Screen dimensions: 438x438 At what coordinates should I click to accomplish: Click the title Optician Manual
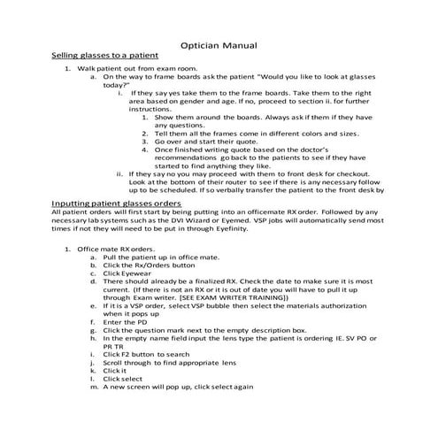219,43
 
